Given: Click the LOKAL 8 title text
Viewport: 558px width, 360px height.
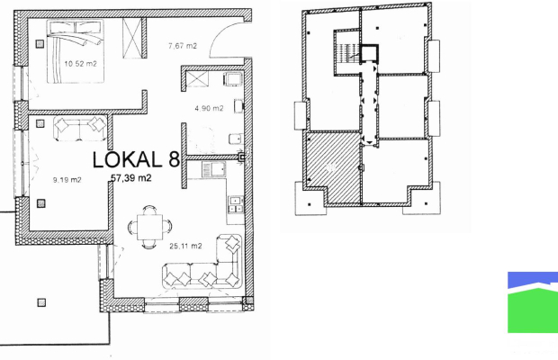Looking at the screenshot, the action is click(136, 159).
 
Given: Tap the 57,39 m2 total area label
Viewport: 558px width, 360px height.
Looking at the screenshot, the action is click(131, 177).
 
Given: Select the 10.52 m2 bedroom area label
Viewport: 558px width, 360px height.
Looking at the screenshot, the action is click(80, 64).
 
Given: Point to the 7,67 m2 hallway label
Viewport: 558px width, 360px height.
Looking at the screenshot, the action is click(182, 46).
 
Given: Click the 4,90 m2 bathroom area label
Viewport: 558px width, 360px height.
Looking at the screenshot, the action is click(209, 108).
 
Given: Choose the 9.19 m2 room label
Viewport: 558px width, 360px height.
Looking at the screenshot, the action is click(67, 180).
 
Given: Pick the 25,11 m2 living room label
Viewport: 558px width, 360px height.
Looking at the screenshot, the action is click(185, 246).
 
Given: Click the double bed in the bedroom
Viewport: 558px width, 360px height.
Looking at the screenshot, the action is click(76, 51).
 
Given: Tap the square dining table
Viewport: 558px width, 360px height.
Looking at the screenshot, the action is click(149, 227).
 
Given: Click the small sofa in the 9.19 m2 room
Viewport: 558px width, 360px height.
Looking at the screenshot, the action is click(80, 128).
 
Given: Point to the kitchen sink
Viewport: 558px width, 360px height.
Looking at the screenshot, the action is click(214, 169).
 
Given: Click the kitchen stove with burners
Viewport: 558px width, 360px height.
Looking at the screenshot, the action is click(236, 204).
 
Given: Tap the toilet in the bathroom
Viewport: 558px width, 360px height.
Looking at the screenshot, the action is click(236, 139).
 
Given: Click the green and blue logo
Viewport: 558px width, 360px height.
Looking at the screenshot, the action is click(533, 302).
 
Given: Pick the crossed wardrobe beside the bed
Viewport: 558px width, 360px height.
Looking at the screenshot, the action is click(132, 38).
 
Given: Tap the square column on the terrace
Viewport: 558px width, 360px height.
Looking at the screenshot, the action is click(41, 302).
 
